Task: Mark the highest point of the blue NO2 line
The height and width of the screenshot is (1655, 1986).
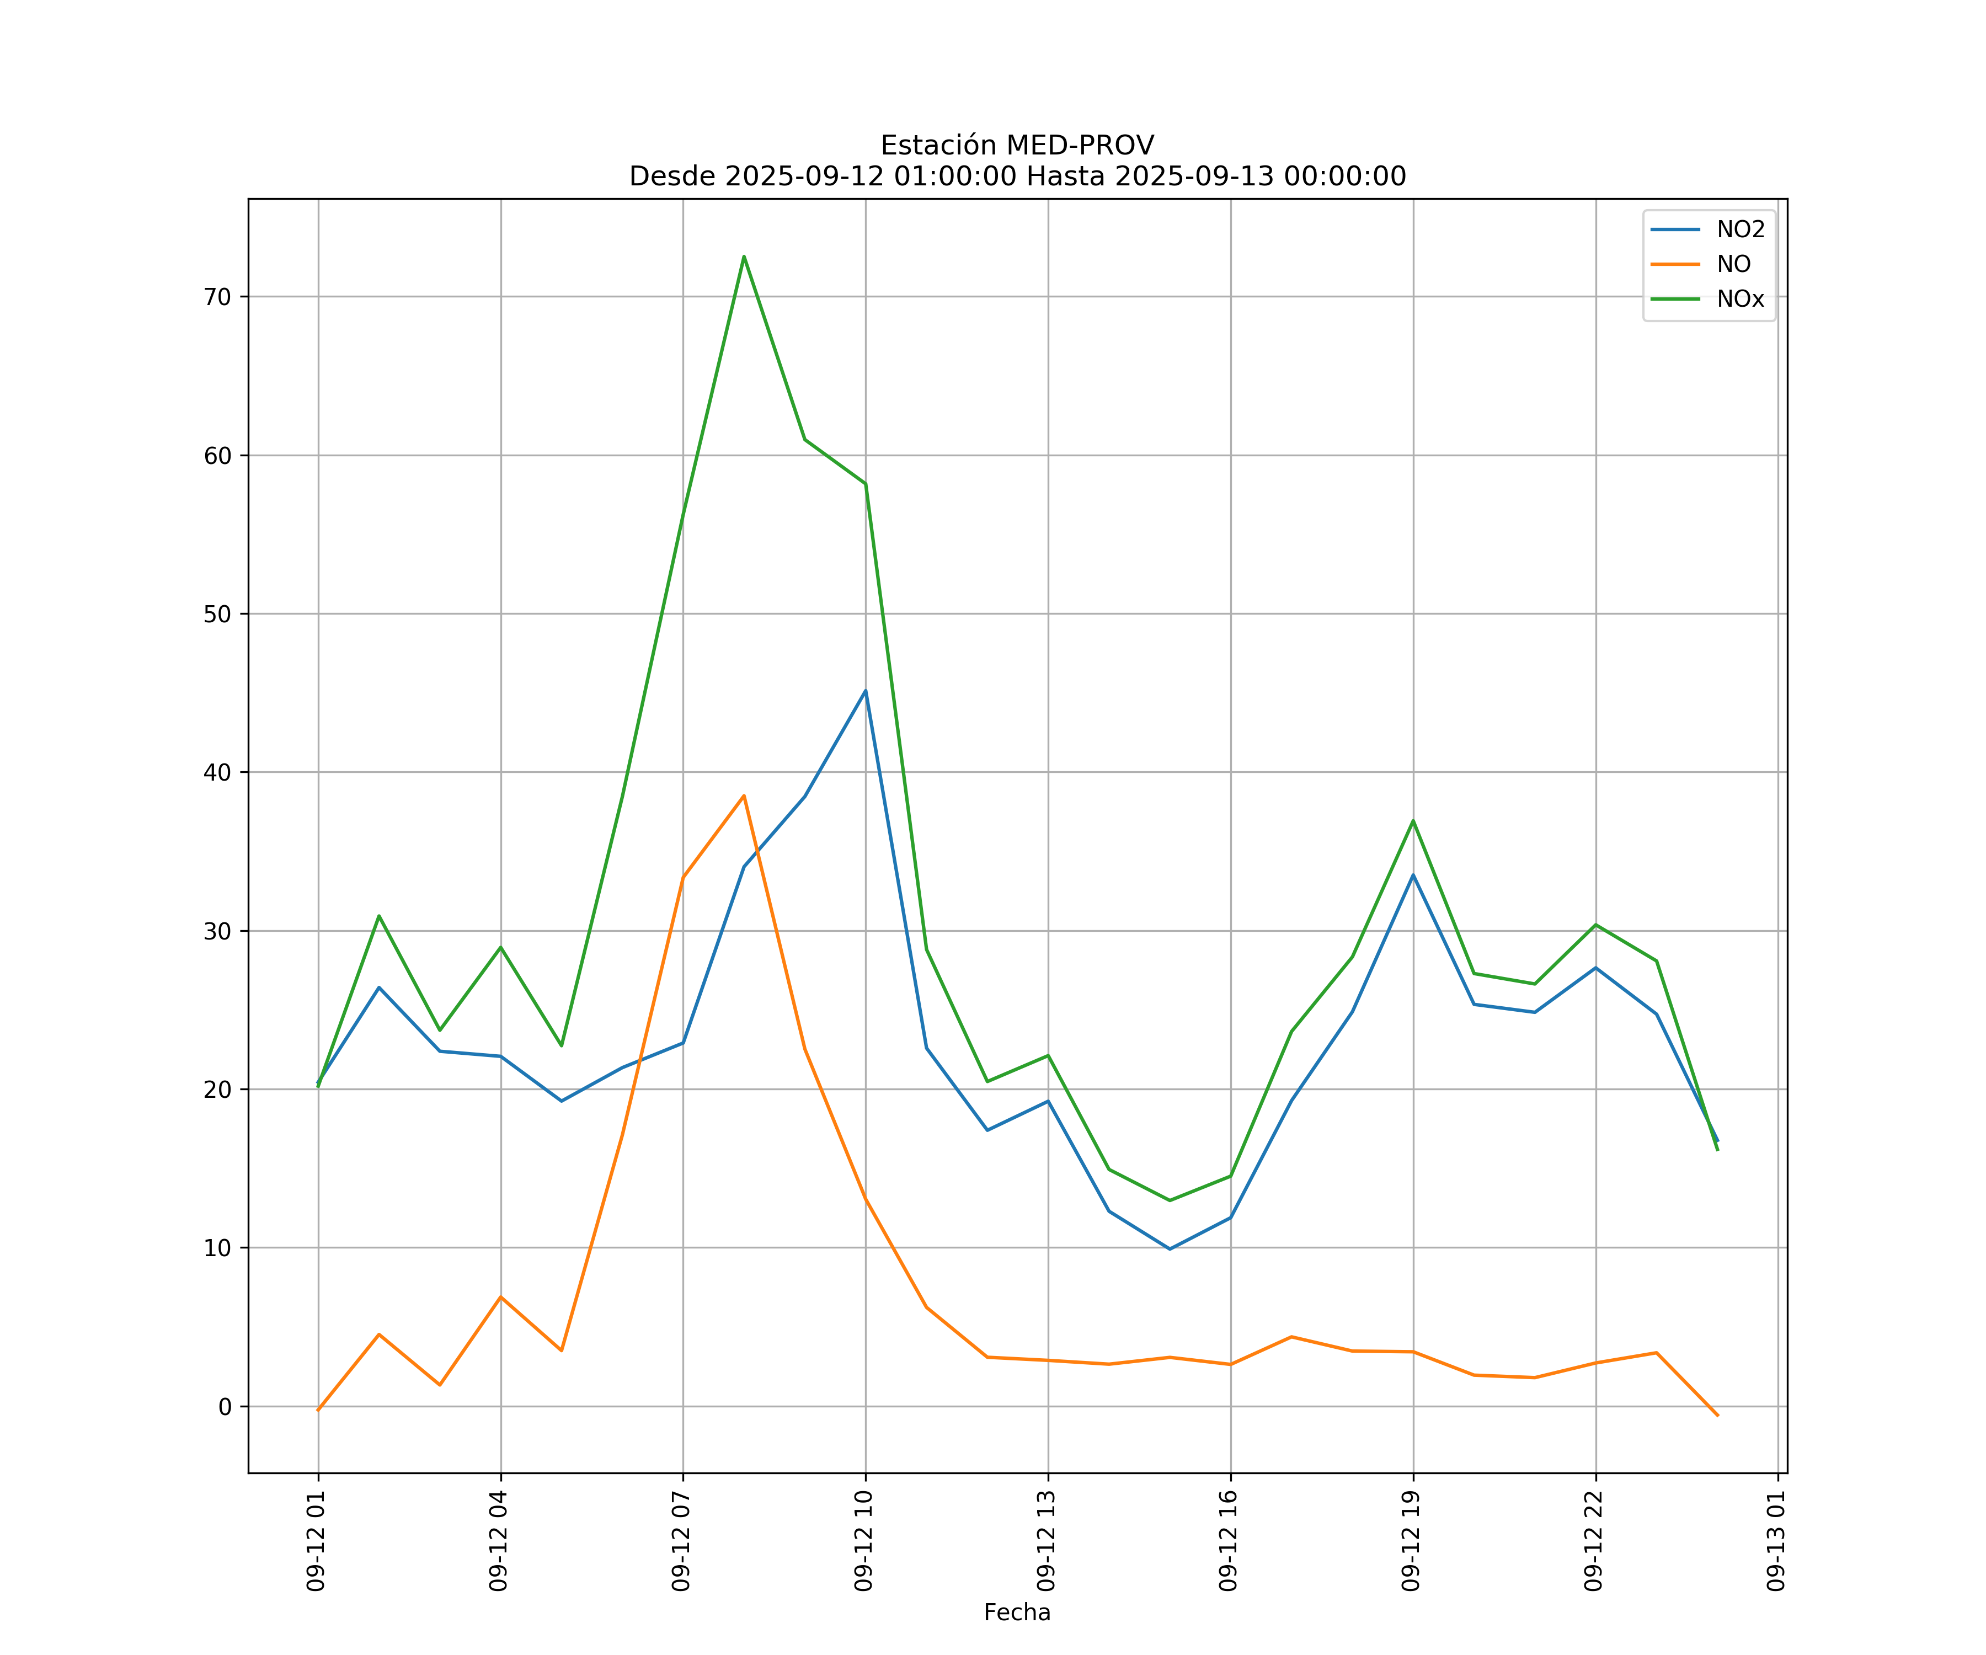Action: click(x=866, y=690)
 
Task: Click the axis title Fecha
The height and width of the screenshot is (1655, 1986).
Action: click(x=1017, y=1613)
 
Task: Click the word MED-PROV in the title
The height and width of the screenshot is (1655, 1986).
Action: click(x=1080, y=146)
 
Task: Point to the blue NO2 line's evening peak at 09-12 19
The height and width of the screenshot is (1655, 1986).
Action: click(x=1413, y=875)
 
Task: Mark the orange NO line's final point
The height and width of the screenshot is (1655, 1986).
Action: click(x=1717, y=1416)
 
